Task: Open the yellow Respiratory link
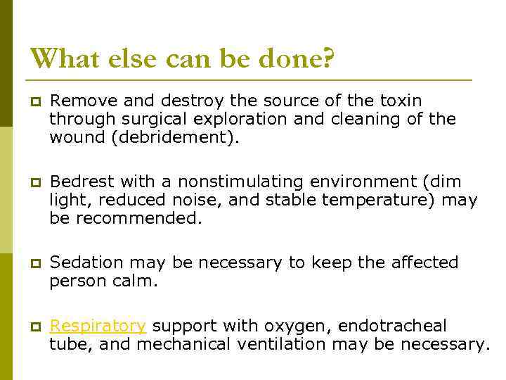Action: coord(98,326)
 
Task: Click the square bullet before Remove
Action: coord(34,102)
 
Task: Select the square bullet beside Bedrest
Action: coord(34,182)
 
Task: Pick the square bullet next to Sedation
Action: coord(34,263)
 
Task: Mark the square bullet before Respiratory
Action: coord(34,327)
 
